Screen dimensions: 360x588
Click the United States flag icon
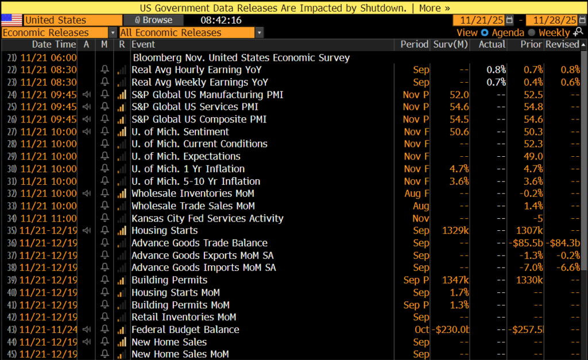coord(11,20)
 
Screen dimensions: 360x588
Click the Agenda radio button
coord(485,33)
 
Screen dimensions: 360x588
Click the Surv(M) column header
coord(450,44)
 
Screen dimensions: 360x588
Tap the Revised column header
coord(562,44)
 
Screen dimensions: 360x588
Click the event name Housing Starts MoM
coord(176,292)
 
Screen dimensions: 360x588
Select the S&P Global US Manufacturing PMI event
coord(207,94)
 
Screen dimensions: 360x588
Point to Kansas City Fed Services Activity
coord(207,218)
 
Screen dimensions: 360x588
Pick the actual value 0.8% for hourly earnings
coord(496,69)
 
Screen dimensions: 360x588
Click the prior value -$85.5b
coord(525,243)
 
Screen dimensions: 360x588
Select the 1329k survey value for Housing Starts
coord(455,230)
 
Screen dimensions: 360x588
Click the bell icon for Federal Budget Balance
coord(105,330)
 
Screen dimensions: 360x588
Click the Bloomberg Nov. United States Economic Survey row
coord(241,57)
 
